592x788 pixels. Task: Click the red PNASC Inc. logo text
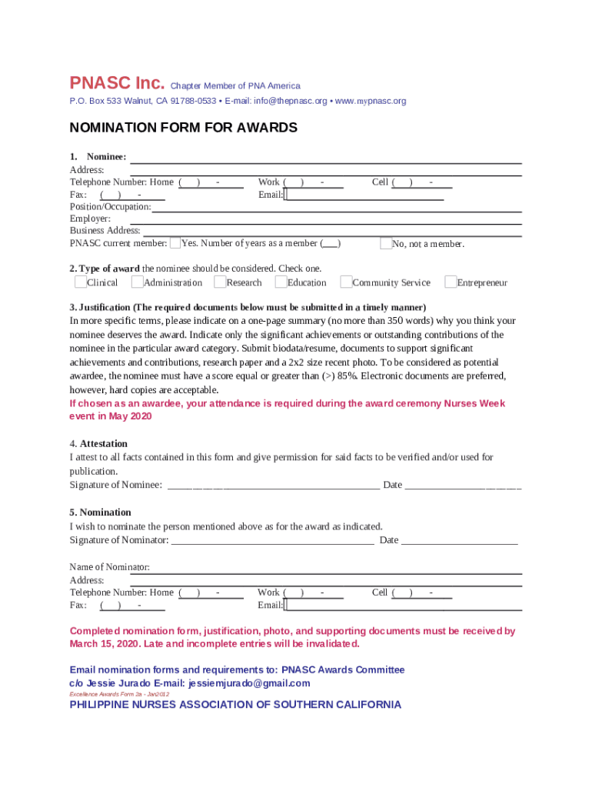pos(117,83)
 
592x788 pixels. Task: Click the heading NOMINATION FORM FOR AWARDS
pos(183,128)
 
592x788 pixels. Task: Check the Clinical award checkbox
pos(81,282)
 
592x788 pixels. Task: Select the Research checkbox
pos(220,282)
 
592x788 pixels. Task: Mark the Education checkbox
pos(281,282)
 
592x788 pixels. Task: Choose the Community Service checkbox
pos(346,282)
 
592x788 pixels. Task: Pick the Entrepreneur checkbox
pos(451,282)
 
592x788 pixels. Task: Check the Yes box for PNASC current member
pos(175,243)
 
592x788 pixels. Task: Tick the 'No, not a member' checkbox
pos(386,243)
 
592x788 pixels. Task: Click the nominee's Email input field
pos(364,195)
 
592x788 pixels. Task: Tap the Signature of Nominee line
pos(273,485)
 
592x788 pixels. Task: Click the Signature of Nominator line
pos(272,540)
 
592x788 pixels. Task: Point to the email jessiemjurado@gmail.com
pos(249,683)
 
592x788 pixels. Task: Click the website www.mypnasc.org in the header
pos(371,101)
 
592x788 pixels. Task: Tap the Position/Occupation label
pos(111,207)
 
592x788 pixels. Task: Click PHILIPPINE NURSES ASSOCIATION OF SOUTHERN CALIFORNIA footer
pos(235,705)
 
